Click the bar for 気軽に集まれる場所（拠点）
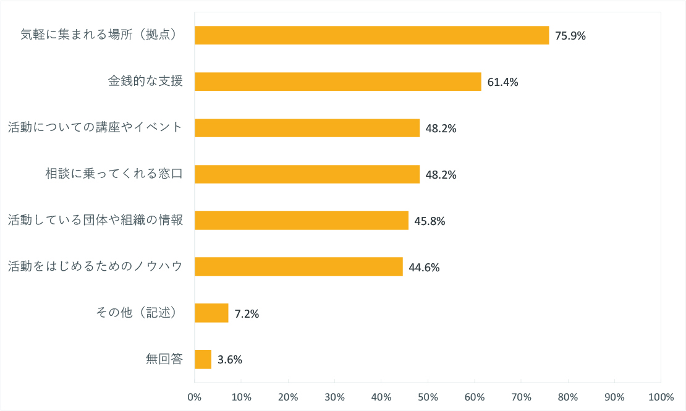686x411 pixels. pyautogui.click(x=371, y=35)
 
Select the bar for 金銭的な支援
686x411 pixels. pyautogui.click(x=337, y=82)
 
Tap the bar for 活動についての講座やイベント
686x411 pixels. pyautogui.click(x=307, y=128)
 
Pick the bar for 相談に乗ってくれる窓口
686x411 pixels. pyautogui.click(x=307, y=174)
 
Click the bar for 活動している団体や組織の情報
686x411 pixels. pyautogui.click(x=302, y=221)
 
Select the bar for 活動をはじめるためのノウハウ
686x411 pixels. pyautogui.click(x=299, y=267)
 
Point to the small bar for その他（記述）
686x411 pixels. pyautogui.click(x=211, y=313)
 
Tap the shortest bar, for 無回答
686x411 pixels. pyautogui.click(x=203, y=359)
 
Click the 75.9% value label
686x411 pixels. pyautogui.click(x=570, y=36)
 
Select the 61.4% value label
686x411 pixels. pyautogui.click(x=502, y=82)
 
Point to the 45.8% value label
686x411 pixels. pyautogui.click(x=430, y=221)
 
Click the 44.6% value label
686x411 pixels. pyautogui.click(x=424, y=268)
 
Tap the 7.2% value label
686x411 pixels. pyautogui.click(x=247, y=314)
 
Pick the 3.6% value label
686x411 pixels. pyautogui.click(x=230, y=360)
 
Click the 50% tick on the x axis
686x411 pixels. pyautogui.click(x=428, y=396)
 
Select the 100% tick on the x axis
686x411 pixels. pyautogui.click(x=661, y=396)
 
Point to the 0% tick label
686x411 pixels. pyautogui.click(x=195, y=396)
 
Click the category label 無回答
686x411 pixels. pyautogui.click(x=164, y=359)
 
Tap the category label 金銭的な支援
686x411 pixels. pyautogui.click(x=146, y=81)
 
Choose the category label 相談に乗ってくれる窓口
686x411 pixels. pyautogui.click(x=114, y=174)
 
